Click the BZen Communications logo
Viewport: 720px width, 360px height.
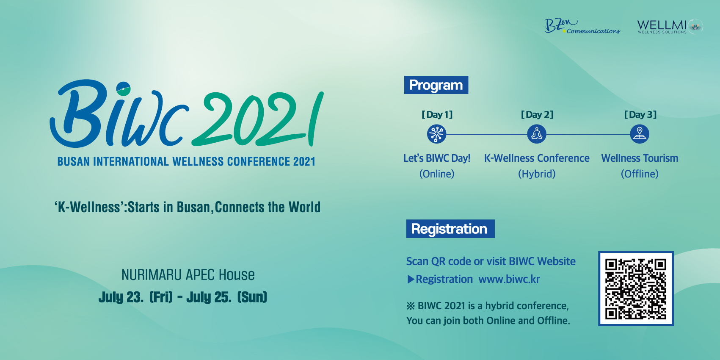click(x=582, y=26)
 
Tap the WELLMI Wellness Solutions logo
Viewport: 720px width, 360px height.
click(x=670, y=26)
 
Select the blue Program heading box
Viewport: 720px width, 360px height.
click(x=436, y=85)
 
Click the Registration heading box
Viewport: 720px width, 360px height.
click(x=450, y=229)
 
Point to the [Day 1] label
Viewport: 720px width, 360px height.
click(x=437, y=114)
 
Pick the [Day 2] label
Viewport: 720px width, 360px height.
click(x=537, y=114)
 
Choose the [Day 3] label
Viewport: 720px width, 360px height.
click(x=640, y=114)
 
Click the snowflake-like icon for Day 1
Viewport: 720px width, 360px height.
click(x=436, y=134)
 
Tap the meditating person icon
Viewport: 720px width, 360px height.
click(x=537, y=134)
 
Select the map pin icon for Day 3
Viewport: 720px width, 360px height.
click(x=640, y=134)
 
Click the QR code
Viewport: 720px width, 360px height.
click(x=636, y=288)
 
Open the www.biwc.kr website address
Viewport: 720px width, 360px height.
click(x=509, y=279)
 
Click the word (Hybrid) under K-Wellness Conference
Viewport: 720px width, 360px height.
click(x=537, y=174)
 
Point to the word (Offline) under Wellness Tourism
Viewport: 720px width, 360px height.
click(x=640, y=174)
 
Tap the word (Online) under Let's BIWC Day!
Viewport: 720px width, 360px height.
click(x=437, y=174)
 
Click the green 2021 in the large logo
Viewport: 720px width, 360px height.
click(x=258, y=119)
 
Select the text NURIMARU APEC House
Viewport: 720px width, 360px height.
click(x=188, y=275)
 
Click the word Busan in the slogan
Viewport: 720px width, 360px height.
click(x=193, y=207)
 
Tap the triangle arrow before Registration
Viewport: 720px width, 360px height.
click(x=411, y=280)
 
